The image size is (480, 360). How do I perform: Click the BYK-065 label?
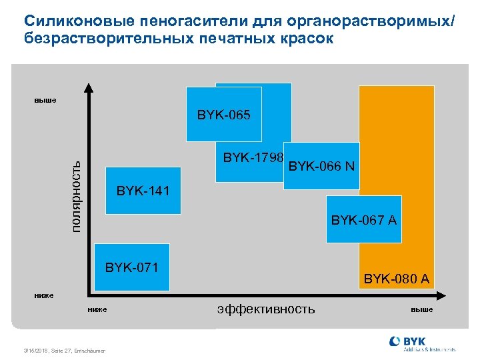[223, 115]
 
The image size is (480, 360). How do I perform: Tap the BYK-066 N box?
[321, 166]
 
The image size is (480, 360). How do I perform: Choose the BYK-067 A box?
[364, 219]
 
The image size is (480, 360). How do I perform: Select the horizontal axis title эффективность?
[265, 309]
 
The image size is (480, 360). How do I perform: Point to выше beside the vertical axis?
[45, 101]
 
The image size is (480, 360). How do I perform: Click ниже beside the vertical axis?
[45, 294]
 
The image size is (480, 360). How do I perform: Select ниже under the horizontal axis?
[97, 309]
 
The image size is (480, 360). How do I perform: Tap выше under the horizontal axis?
[421, 309]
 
